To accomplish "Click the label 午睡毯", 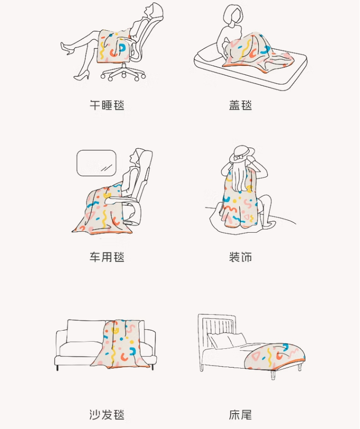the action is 107,105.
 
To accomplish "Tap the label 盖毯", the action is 240,105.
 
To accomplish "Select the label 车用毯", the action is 107,257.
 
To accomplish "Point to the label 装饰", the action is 240,257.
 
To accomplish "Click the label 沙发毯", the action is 107,415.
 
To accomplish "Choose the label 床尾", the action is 240,415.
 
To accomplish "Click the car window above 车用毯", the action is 96,163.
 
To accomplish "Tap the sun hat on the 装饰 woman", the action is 242,154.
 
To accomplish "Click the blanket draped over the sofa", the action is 120,344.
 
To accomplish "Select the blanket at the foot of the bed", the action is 275,356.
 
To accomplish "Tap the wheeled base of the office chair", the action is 123,72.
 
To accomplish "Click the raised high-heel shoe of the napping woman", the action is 67,48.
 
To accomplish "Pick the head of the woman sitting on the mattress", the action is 233,15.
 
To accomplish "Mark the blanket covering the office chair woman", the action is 114,46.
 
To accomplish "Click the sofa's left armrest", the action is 61,344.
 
